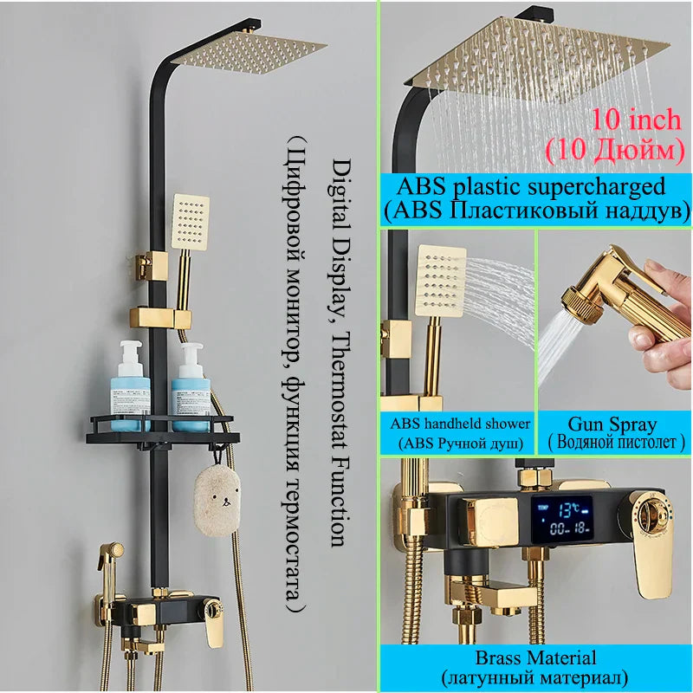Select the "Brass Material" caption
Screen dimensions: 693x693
[x=534, y=658]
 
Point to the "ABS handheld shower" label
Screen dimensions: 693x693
[x=460, y=424]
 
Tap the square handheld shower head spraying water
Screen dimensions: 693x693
[x=440, y=277]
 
